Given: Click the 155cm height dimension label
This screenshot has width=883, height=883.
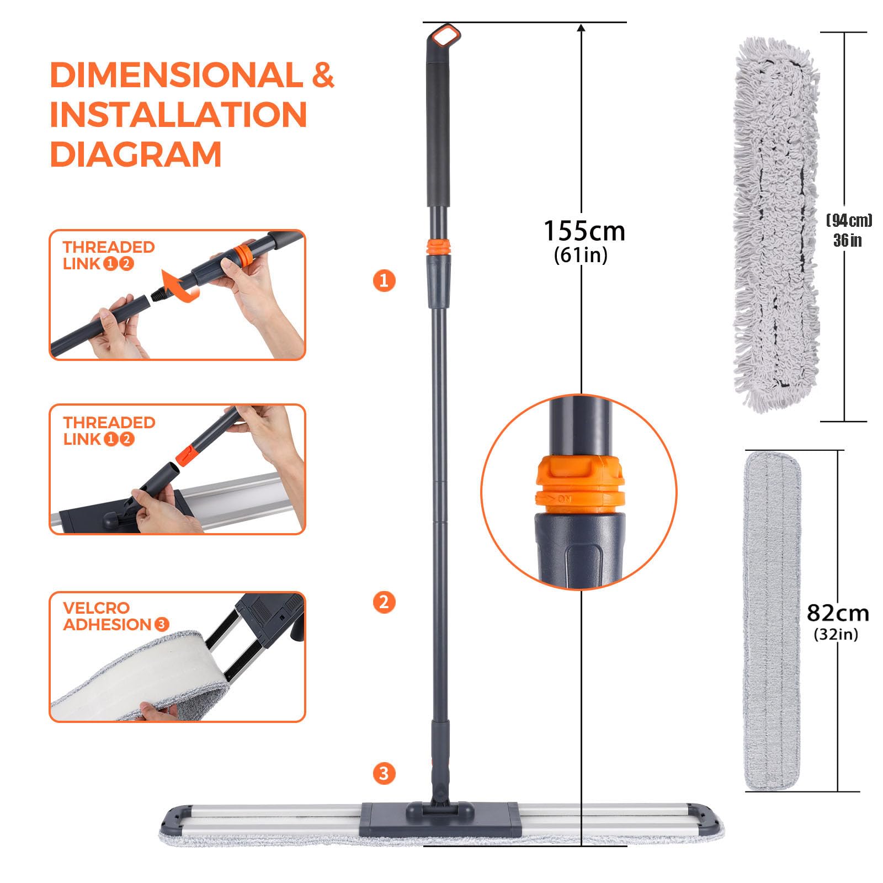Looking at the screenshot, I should (x=584, y=231).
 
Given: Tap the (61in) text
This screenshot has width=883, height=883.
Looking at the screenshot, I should (x=581, y=255).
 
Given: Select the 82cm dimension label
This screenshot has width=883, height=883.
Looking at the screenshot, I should (x=837, y=613).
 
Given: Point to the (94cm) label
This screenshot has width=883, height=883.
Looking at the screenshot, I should (x=849, y=221).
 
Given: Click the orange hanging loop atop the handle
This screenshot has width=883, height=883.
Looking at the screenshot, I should (x=445, y=37).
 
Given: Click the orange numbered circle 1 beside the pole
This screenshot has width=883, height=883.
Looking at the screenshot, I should (x=384, y=280).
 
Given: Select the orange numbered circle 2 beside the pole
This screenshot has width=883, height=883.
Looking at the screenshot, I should (x=384, y=602).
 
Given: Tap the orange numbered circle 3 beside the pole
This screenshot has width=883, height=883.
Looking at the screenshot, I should (x=384, y=773).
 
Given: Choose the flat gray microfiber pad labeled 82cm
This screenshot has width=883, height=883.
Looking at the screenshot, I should (x=772, y=621).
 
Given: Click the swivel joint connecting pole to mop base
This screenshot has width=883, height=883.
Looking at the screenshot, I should (x=439, y=795).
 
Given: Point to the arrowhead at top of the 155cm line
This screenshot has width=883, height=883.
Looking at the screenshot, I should (x=581, y=28).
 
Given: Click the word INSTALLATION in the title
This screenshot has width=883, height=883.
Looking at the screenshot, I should (x=178, y=115).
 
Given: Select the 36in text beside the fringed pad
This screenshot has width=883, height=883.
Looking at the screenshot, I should (x=847, y=241).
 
